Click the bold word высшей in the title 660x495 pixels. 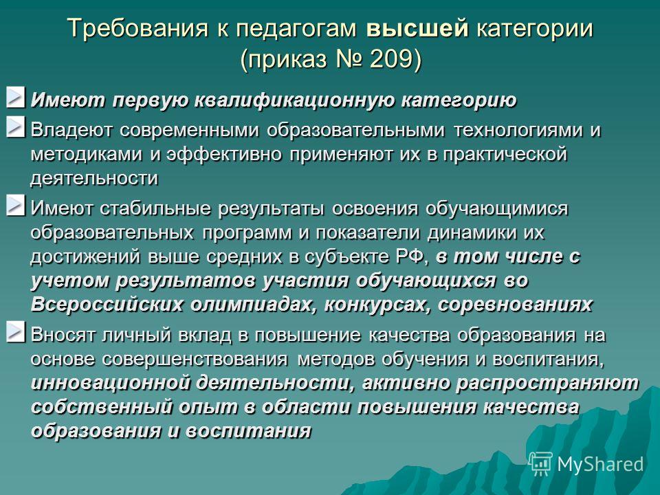pos(417,29)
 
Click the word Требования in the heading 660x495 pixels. pos(137,29)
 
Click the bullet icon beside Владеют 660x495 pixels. pos(16,127)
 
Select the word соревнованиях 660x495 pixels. pos(515,305)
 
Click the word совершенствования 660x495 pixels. pos(195,360)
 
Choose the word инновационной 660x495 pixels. pos(110,384)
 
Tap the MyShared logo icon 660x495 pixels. pos(540,463)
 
